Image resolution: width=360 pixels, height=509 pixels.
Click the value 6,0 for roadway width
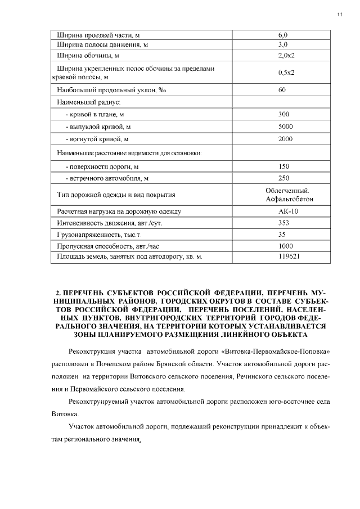[x=283, y=35]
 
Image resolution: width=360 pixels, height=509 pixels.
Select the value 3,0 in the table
[x=283, y=44]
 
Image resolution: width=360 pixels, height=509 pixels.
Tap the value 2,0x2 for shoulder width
[x=286, y=56]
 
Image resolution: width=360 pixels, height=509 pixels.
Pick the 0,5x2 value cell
[x=286, y=73]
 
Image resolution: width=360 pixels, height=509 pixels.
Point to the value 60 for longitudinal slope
[x=282, y=89]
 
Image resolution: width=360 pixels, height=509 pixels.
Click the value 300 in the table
[x=283, y=114]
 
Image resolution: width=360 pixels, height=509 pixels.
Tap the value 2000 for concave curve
[x=285, y=138]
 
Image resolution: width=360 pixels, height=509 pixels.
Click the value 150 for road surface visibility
[x=283, y=166]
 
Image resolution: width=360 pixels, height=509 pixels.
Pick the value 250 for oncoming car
[x=283, y=178]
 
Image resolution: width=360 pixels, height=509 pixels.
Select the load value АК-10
[x=287, y=211]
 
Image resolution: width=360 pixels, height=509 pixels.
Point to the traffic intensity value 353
[x=283, y=223]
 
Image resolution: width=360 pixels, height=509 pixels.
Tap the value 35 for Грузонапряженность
[x=282, y=235]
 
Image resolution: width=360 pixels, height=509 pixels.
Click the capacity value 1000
[x=285, y=246]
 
